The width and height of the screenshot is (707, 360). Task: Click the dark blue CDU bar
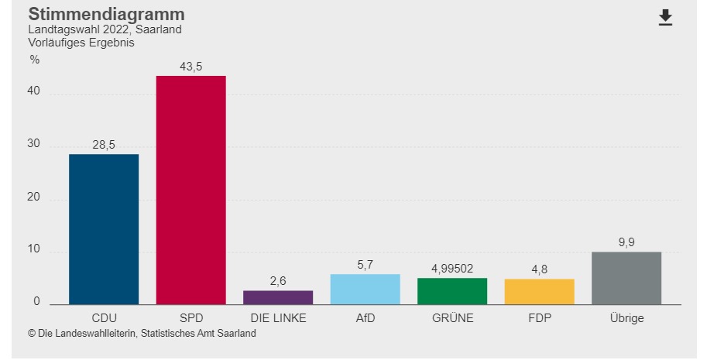(104, 229)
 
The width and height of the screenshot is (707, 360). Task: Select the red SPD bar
(190, 190)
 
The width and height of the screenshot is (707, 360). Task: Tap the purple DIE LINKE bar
(278, 297)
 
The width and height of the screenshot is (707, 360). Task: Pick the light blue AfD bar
(365, 289)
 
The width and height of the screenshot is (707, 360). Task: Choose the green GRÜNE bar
(452, 291)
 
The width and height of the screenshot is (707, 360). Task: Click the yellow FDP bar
(539, 291)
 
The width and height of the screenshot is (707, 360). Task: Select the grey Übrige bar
(626, 278)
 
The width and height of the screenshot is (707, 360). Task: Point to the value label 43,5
(190, 67)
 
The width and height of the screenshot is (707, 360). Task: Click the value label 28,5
(104, 146)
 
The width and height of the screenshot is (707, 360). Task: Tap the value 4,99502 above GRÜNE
(452, 269)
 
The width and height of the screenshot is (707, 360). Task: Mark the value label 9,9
(626, 243)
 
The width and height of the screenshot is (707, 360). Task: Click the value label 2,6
(278, 281)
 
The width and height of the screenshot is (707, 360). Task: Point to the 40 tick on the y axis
(34, 94)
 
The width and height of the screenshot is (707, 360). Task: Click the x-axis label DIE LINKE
(278, 318)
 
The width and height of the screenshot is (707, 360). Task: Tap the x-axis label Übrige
(626, 318)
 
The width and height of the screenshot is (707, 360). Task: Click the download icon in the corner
(665, 18)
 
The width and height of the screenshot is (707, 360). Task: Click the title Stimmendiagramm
(106, 14)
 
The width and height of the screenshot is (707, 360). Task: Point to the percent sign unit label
(34, 60)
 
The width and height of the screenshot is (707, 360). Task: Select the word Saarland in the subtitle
(159, 30)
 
